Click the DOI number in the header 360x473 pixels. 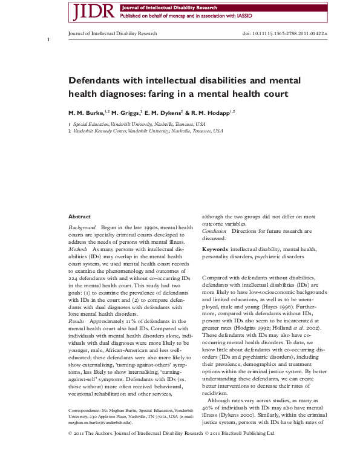pos(285,34)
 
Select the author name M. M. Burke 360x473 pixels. pos(85,113)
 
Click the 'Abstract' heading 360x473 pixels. pos(79,217)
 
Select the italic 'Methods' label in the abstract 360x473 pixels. pos(78,249)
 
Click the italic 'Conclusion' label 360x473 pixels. pos(214,231)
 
